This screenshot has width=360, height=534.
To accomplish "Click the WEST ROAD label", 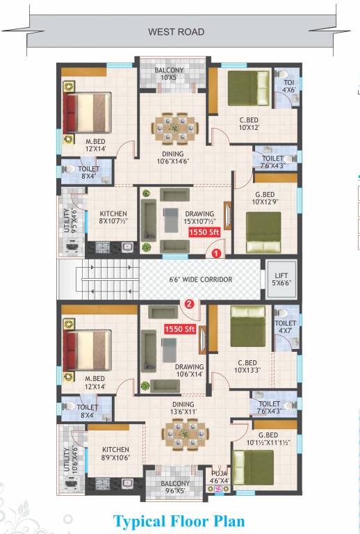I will coord(177,32).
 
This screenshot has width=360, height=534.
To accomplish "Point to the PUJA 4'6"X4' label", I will coord(219,477).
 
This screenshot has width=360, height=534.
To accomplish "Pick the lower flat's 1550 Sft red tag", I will coord(179,330).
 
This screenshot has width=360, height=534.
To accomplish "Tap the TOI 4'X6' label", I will coord(288,85).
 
